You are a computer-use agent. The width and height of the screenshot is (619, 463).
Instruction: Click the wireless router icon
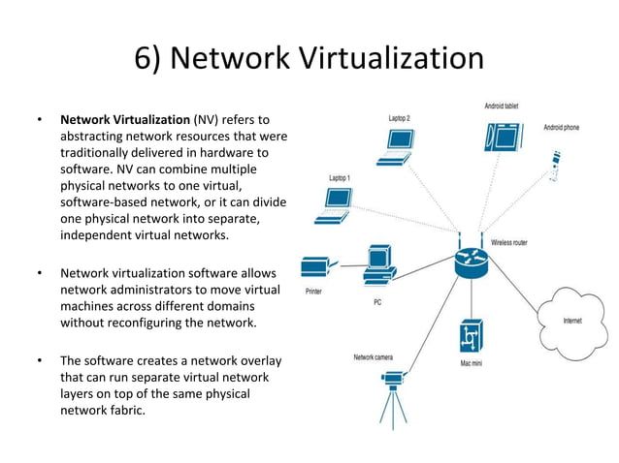pos(472,262)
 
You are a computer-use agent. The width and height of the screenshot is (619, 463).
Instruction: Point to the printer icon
pos(317,268)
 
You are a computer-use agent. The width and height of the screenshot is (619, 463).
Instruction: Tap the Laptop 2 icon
pos(398,142)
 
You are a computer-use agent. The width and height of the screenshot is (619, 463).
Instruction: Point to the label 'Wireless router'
pos(516,242)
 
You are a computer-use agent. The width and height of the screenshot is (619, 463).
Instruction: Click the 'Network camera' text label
pos(374,357)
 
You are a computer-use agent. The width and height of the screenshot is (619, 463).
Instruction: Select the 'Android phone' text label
pos(561,127)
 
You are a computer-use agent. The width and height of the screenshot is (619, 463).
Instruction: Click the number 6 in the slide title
pos(144,59)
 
